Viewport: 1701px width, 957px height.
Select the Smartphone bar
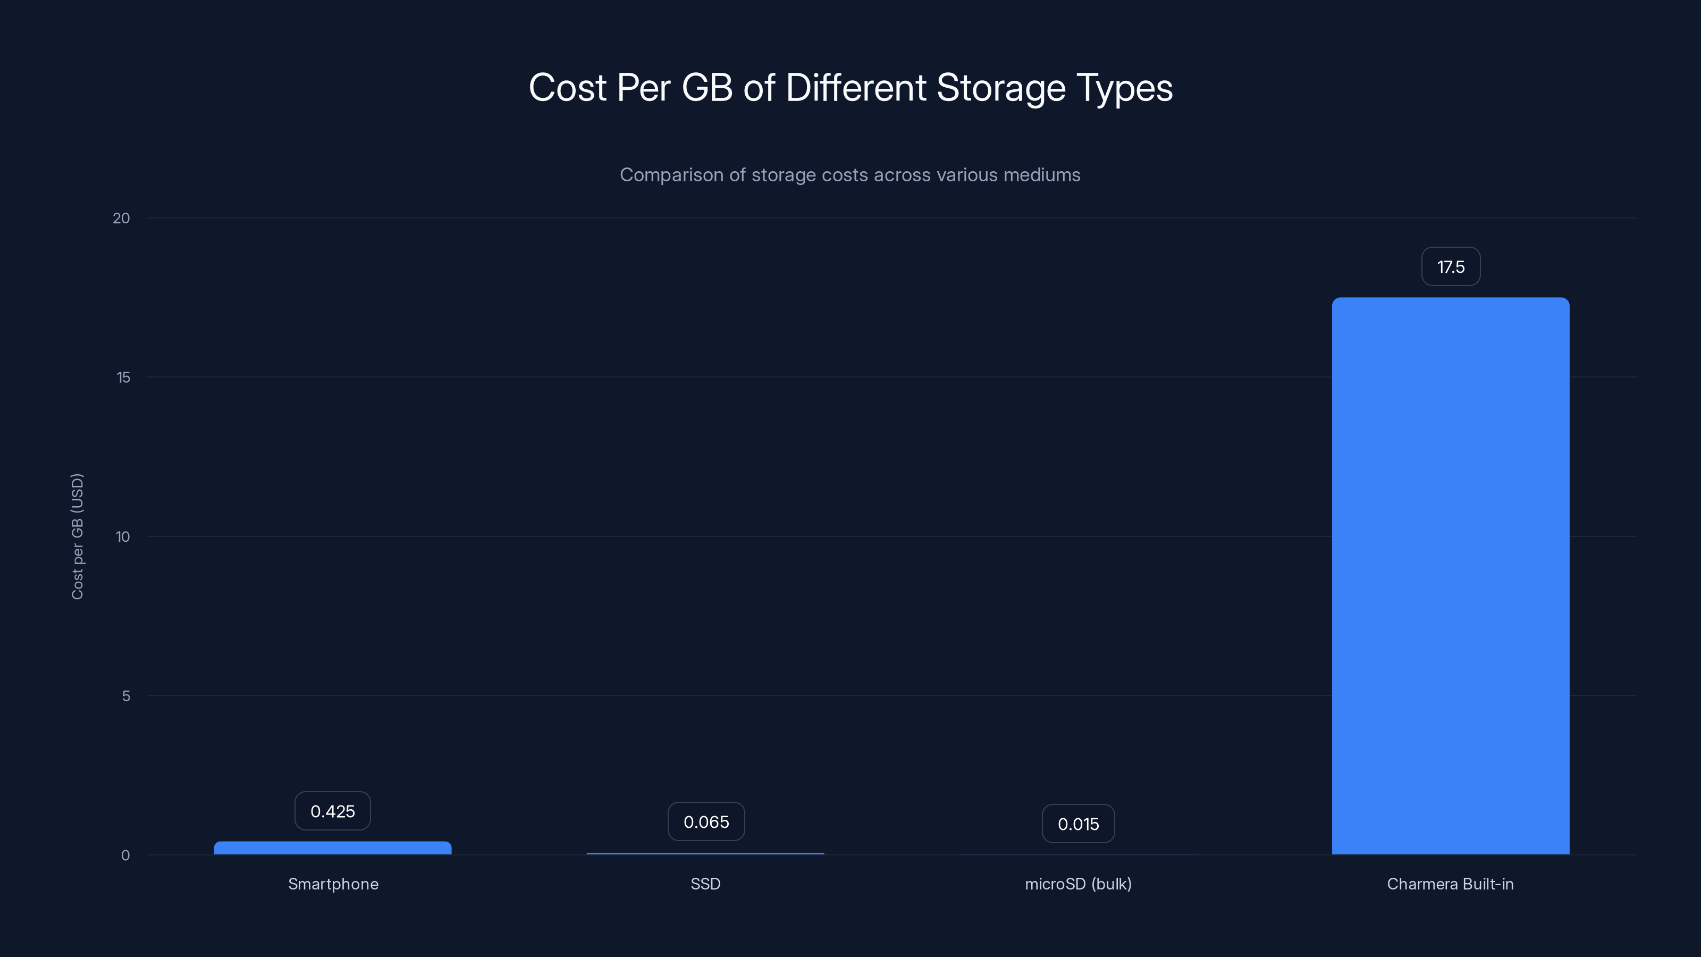click(x=333, y=847)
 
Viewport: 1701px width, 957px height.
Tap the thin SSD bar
click(x=705, y=853)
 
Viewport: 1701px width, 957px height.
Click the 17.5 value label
click(x=1451, y=267)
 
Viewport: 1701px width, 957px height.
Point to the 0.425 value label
click(x=333, y=811)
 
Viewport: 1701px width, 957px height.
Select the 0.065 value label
click(x=706, y=821)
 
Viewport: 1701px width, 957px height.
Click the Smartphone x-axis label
click(x=333, y=884)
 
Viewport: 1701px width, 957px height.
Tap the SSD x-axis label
click(x=705, y=884)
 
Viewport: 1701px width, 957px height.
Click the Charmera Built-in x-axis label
click(x=1450, y=884)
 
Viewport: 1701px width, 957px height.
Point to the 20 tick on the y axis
click(x=122, y=218)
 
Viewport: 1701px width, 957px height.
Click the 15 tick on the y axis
click(x=123, y=377)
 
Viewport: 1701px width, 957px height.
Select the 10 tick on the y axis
click(x=123, y=536)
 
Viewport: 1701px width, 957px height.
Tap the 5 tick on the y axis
click(x=126, y=695)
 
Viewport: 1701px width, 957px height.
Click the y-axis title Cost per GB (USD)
click(x=77, y=536)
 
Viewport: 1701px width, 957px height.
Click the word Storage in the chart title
click(x=1001, y=88)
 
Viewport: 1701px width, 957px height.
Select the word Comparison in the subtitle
click(x=671, y=175)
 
